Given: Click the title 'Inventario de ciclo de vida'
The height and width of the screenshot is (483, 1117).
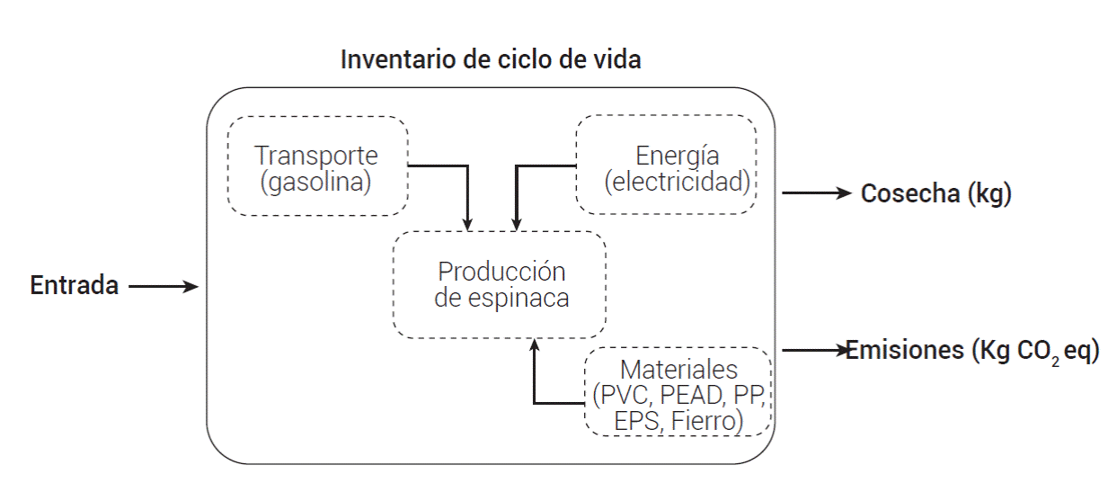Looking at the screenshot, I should coord(491,61).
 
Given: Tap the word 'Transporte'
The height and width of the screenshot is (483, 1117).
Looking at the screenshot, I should coord(316,155).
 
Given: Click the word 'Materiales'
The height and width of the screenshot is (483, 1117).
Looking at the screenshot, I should coord(678,369).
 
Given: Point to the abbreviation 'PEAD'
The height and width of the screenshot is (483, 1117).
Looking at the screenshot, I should coord(694,395).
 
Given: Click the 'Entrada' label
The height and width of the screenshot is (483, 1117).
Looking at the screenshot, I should coord(75,286).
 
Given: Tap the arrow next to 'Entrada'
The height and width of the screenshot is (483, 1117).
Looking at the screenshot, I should coord(163,287).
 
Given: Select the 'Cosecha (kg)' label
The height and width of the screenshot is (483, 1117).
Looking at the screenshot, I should coord(936,193).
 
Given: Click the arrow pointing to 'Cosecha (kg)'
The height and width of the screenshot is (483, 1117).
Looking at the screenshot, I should coord(817,192).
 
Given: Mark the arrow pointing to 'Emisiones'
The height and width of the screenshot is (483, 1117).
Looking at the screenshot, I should coord(814,349).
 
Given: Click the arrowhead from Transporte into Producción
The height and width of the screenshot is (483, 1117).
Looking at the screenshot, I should coord(467,223).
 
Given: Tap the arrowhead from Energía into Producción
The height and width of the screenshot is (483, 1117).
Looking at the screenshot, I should coord(516,223).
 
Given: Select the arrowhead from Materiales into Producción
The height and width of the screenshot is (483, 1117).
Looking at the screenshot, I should coord(535,344).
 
